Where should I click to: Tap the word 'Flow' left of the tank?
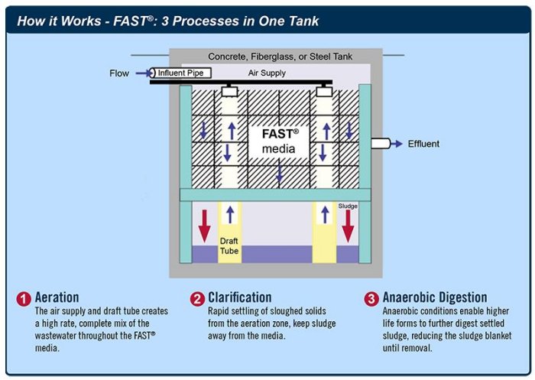pyautogui.click(x=119, y=74)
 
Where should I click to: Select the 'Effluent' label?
pyautogui.click(x=423, y=144)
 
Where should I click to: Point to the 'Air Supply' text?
pyautogui.click(x=267, y=73)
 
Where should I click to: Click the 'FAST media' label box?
pyautogui.click(x=279, y=141)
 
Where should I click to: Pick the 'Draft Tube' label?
pyautogui.click(x=229, y=245)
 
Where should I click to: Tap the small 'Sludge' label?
pyautogui.click(x=348, y=206)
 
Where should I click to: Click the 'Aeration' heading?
pyautogui.click(x=57, y=297)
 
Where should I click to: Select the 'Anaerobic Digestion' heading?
pyautogui.click(x=435, y=297)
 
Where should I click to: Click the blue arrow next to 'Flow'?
pyautogui.click(x=143, y=73)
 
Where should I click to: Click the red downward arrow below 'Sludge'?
pyautogui.click(x=348, y=226)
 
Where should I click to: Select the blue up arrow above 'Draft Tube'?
pyautogui.click(x=229, y=214)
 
